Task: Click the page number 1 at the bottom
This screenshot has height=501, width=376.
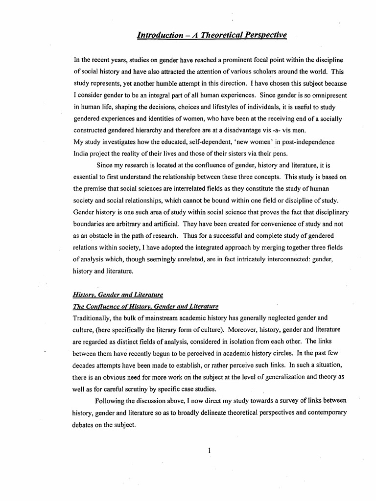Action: (x=209, y=451)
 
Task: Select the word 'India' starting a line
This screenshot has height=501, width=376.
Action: (x=81, y=153)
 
